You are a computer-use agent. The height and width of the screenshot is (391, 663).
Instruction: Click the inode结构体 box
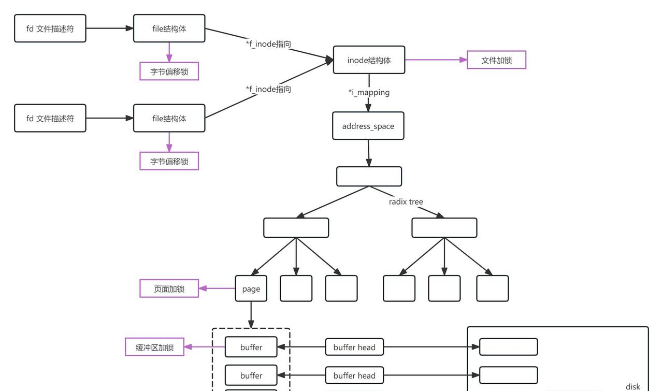point(369,60)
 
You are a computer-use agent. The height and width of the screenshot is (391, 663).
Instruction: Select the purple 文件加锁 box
point(496,60)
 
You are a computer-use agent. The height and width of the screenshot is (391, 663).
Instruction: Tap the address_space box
point(368,126)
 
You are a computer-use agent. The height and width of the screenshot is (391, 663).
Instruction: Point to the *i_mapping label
point(369,93)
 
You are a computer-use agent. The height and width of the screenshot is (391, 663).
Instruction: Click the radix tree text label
point(406,202)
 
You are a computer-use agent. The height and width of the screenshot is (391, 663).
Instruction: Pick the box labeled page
point(251,288)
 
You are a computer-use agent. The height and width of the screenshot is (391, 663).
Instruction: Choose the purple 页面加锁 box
point(169,288)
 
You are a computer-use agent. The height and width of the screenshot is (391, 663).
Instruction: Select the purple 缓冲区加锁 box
point(154,347)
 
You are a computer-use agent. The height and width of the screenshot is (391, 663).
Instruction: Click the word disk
point(632,386)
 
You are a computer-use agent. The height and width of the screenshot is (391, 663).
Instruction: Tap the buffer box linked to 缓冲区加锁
point(251,347)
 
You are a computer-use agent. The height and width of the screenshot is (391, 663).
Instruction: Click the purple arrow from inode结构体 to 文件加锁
point(435,60)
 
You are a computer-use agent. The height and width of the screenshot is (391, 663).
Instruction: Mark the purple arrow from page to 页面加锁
point(217,288)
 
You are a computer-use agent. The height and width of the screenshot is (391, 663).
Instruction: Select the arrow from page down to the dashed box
point(251,314)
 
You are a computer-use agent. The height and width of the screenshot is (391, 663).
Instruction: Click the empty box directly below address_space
point(369,176)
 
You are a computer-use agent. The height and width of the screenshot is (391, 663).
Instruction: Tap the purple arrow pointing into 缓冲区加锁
point(205,347)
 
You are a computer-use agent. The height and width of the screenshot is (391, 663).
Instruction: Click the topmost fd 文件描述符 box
point(50,28)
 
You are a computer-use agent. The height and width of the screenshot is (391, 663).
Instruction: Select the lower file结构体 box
point(169,118)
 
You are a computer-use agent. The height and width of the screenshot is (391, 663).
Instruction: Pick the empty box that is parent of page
point(296,228)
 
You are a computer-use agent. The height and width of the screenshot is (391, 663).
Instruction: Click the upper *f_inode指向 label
point(268,45)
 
